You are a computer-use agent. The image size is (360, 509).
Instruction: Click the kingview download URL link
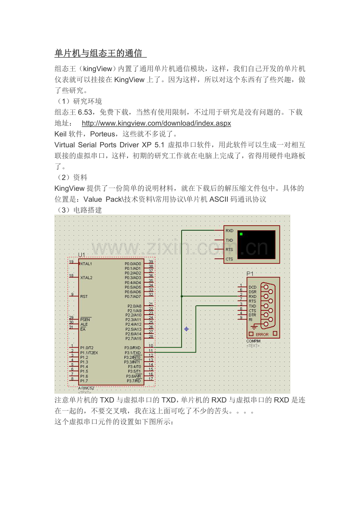point(156,124)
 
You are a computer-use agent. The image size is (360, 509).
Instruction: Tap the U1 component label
point(81,255)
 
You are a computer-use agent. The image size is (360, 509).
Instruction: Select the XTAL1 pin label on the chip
point(86,264)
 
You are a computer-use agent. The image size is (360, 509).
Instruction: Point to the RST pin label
point(84,297)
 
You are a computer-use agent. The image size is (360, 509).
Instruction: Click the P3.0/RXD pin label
point(133,348)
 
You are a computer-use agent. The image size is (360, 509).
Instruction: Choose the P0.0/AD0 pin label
point(133,264)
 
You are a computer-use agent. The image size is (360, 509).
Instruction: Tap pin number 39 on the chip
point(151,262)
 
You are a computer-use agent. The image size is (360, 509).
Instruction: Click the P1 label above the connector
point(250,274)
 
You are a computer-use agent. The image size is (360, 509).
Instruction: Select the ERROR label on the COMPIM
point(262,335)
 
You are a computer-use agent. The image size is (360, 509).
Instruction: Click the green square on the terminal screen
point(241,234)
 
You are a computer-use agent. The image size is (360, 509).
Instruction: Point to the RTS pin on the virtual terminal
point(229,249)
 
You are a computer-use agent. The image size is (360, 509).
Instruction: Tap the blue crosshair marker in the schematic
point(187,329)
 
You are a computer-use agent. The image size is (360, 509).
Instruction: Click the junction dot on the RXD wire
point(182,296)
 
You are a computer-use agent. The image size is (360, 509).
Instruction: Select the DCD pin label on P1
point(252,287)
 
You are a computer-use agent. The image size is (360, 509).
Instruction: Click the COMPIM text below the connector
point(253,341)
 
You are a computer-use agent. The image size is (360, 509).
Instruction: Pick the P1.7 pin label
point(84,381)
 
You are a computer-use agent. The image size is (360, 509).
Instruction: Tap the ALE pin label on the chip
point(84,324)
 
